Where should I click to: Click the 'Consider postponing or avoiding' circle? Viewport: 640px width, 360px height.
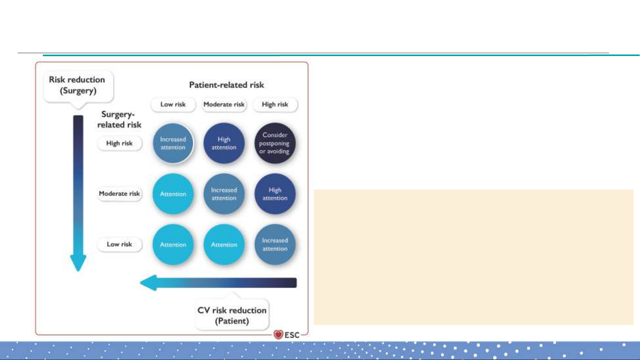(x=275, y=143)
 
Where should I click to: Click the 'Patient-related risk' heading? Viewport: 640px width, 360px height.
(x=227, y=85)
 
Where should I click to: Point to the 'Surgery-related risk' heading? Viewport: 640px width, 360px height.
(x=119, y=120)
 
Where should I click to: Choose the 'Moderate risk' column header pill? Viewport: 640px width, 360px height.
(x=224, y=105)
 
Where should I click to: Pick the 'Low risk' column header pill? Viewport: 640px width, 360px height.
(x=173, y=105)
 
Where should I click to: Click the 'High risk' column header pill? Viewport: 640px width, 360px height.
(x=275, y=105)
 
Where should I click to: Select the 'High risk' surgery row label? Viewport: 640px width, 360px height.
(x=119, y=144)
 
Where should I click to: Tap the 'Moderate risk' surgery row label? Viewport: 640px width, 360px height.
(x=119, y=194)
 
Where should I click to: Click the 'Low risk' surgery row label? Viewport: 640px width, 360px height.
(x=119, y=244)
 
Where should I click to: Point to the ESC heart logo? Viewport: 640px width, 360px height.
(x=278, y=335)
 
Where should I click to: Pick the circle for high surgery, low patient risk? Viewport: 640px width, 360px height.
(x=173, y=143)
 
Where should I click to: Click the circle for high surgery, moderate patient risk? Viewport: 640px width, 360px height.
(x=224, y=143)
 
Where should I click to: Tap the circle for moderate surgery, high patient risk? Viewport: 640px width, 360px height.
(x=275, y=194)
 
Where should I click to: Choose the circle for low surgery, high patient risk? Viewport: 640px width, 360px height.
(x=275, y=244)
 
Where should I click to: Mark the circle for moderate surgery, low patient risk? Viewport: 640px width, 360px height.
(x=173, y=194)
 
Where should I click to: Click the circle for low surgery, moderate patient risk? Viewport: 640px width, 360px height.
(x=224, y=244)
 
